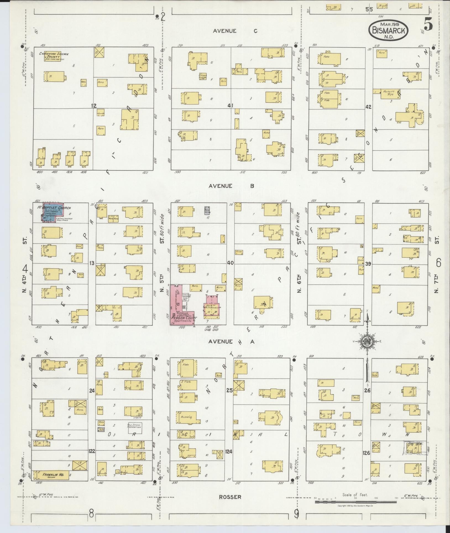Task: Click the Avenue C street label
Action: (x=236, y=31)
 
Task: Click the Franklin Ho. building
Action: (x=53, y=475)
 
